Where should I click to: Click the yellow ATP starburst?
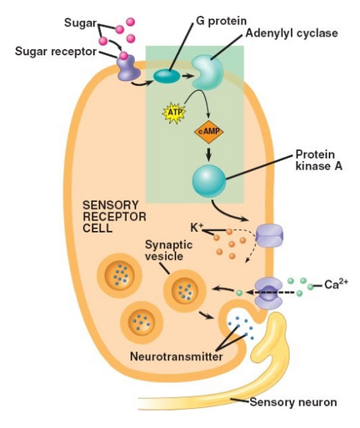(173, 113)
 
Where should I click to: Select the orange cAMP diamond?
(209, 132)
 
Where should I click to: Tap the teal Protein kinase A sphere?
(209, 180)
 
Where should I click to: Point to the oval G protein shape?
(167, 76)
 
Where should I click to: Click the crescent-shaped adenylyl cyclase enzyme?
(207, 72)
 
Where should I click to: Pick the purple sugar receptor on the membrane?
(128, 68)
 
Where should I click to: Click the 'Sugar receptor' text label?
(56, 52)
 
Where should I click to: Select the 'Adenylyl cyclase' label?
(292, 33)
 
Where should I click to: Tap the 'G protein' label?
(221, 21)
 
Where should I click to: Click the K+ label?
(197, 228)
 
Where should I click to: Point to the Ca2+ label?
(336, 284)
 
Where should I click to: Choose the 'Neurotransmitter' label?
(177, 356)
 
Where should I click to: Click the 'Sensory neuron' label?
(293, 402)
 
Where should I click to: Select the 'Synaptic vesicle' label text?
(168, 250)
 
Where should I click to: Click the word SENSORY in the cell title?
(111, 205)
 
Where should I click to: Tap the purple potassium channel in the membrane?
(269, 236)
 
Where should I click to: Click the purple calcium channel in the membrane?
(268, 293)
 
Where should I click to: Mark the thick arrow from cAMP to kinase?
(209, 154)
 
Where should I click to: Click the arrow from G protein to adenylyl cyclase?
(187, 76)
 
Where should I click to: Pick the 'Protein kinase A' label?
(318, 160)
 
